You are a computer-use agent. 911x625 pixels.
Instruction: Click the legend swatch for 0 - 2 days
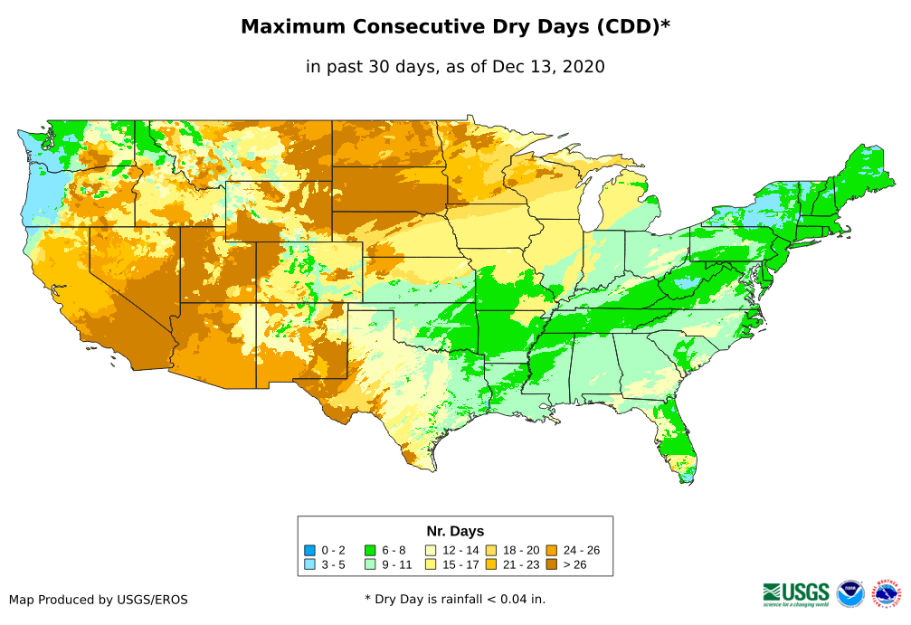(x=309, y=550)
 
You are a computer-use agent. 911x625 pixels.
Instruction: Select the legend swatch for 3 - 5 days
(x=309, y=564)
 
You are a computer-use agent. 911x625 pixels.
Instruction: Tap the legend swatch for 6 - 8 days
(x=369, y=550)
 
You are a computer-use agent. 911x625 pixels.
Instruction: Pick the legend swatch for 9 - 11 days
(x=369, y=564)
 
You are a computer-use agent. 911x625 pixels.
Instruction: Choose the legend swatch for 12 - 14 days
(x=432, y=550)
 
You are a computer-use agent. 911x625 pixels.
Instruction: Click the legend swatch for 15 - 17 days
(x=432, y=564)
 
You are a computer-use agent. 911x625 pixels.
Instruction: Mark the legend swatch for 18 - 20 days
(x=491, y=550)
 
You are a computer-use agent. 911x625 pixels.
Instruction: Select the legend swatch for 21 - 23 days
(x=491, y=564)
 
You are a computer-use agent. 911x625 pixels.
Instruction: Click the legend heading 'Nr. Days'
(x=455, y=531)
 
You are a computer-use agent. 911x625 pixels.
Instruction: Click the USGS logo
(x=796, y=593)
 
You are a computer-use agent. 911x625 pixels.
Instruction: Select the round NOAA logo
(x=850, y=593)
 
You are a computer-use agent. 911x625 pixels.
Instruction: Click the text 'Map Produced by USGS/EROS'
(x=99, y=600)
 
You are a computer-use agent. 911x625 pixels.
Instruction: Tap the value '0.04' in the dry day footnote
(x=503, y=599)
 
